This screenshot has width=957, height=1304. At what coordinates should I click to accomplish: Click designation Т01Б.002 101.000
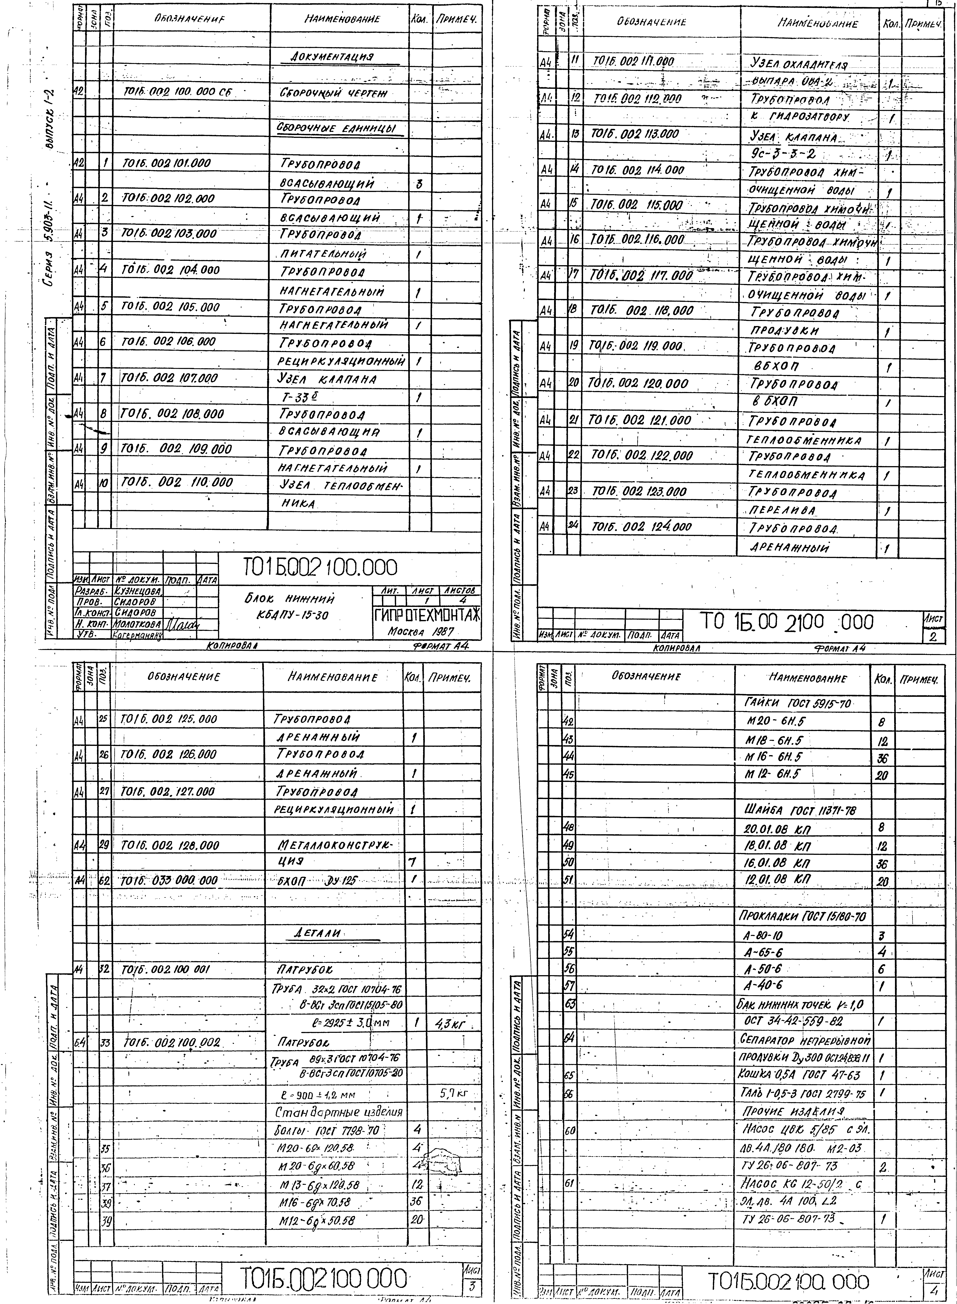[x=167, y=163]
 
